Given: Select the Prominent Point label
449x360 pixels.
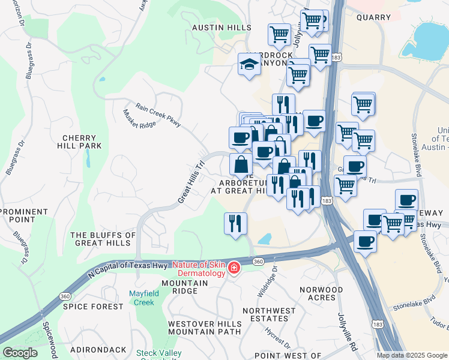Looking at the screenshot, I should point(24,216).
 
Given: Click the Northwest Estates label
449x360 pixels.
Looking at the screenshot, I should point(269,314).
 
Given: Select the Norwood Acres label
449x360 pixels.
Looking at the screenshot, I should point(322,294).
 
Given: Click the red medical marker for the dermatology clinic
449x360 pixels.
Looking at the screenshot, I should point(234,268).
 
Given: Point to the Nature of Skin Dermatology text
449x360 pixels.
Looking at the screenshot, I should point(199,269).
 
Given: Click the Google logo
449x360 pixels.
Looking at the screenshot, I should point(20,353).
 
